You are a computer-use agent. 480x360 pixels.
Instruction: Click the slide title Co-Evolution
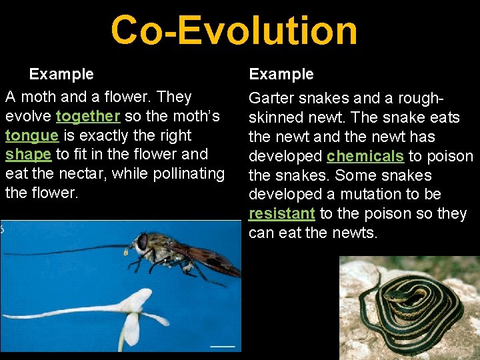(234, 31)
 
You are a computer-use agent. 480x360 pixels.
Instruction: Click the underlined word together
(88, 116)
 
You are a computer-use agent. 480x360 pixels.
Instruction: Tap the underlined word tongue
(31, 135)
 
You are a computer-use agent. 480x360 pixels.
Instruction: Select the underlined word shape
(28, 154)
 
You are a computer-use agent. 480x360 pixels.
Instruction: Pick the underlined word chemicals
(365, 157)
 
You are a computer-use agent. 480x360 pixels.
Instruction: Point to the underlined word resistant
(281, 214)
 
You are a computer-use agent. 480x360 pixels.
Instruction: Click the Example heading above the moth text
(61, 74)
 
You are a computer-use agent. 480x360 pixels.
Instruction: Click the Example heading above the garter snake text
(281, 74)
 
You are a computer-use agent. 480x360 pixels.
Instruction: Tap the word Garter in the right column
(272, 99)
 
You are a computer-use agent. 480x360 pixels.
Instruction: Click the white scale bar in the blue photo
(223, 346)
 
